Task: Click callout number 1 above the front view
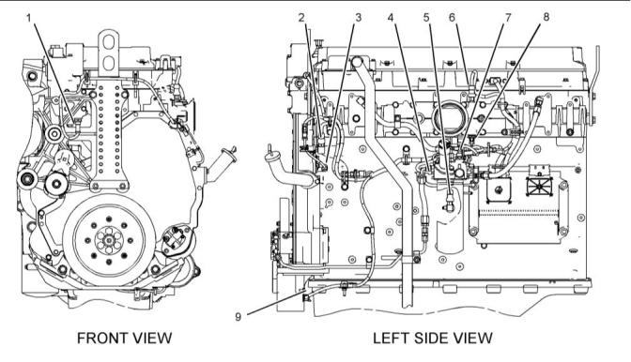(28, 18)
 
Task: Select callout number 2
(301, 17)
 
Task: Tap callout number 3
(358, 17)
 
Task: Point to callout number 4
(392, 17)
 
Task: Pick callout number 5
(426, 17)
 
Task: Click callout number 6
(452, 17)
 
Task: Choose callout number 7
(508, 17)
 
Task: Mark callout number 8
(546, 17)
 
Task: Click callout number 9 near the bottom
(238, 317)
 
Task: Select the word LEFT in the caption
(392, 338)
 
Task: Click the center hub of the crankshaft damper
(109, 240)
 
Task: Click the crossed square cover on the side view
(541, 188)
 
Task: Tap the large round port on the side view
(451, 117)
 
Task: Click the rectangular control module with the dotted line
(519, 208)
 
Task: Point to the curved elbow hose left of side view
(286, 168)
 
